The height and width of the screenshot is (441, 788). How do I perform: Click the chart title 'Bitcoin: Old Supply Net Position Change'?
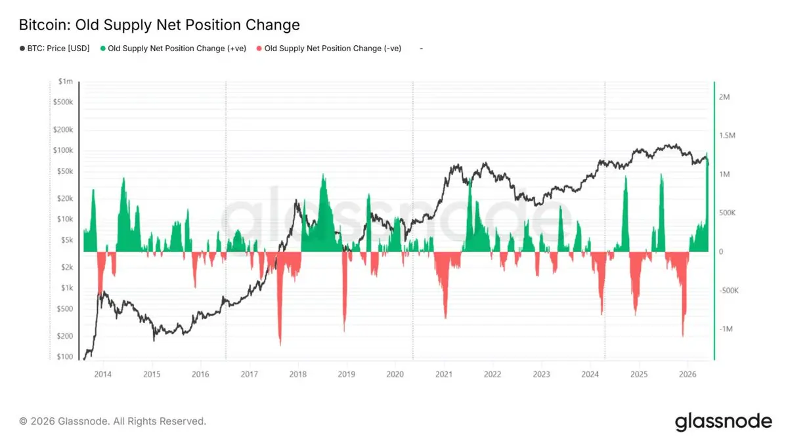pyautogui.click(x=160, y=25)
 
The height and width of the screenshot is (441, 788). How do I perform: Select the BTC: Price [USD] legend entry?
pyautogui.click(x=55, y=49)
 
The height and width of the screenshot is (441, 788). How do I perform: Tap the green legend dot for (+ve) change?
pyautogui.click(x=102, y=49)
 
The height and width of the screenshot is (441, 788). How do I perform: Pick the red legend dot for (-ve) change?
pyautogui.click(x=259, y=49)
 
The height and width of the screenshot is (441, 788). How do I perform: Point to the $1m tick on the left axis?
pyautogui.click(x=66, y=81)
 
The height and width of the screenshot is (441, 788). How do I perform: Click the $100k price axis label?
pyautogui.click(x=63, y=150)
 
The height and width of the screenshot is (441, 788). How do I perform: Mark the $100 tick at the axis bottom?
pyautogui.click(x=65, y=356)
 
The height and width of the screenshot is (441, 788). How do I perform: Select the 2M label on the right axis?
pyautogui.click(x=724, y=97)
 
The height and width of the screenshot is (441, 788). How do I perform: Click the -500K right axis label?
pyautogui.click(x=729, y=291)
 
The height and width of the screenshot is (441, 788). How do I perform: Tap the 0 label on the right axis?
pyautogui.click(x=721, y=252)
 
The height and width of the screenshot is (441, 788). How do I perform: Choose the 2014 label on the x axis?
pyautogui.click(x=102, y=375)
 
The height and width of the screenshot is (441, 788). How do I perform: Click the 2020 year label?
pyautogui.click(x=395, y=375)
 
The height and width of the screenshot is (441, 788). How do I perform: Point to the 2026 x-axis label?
pyautogui.click(x=688, y=375)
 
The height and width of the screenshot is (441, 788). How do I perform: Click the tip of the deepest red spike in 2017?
pyautogui.click(x=280, y=345)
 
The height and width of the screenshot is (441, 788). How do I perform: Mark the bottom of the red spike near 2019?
pyautogui.click(x=344, y=331)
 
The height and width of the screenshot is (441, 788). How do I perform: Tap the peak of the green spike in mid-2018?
pyautogui.click(x=323, y=174)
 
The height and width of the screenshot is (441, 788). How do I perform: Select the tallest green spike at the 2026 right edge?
pyautogui.click(x=707, y=154)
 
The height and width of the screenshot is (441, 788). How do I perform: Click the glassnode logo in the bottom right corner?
pyautogui.click(x=723, y=422)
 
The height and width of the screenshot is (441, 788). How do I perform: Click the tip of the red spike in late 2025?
pyautogui.click(x=683, y=337)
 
